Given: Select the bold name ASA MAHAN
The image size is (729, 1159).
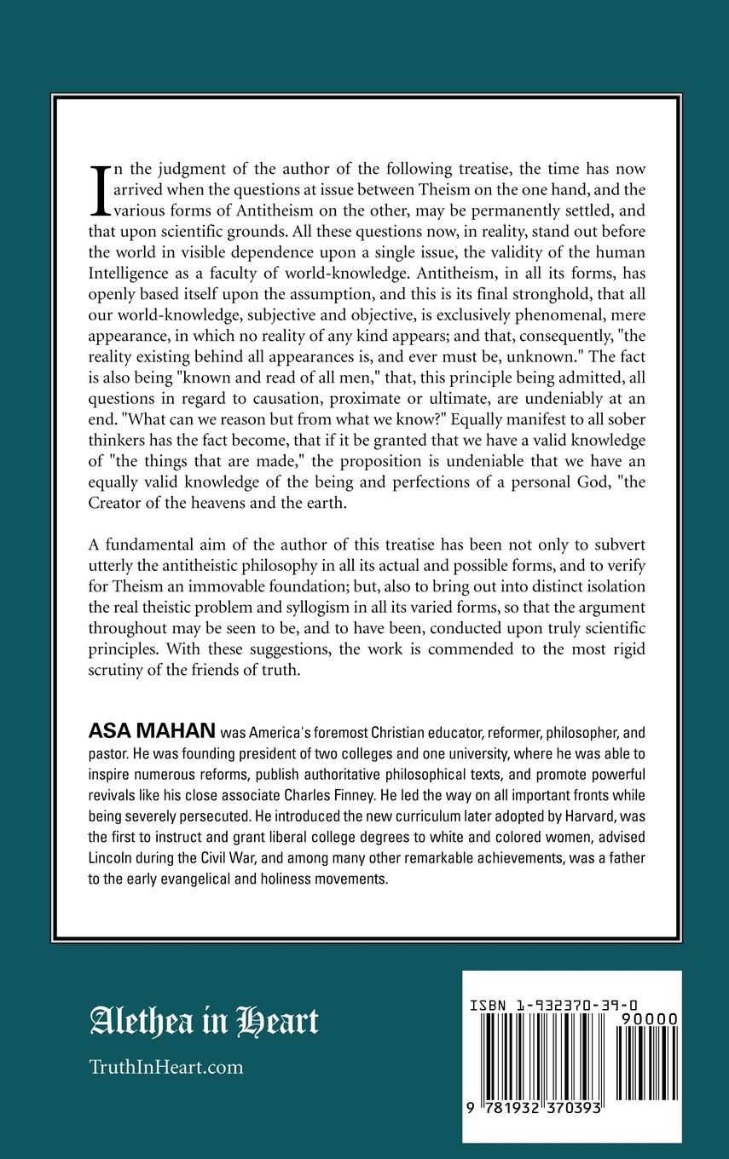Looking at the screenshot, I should coord(152,732).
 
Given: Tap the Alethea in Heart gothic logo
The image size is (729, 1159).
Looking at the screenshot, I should coord(205,1021).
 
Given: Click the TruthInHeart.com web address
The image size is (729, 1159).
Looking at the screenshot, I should coord(167,1066).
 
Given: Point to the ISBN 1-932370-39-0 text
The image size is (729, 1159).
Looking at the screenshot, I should coord(555,1006).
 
